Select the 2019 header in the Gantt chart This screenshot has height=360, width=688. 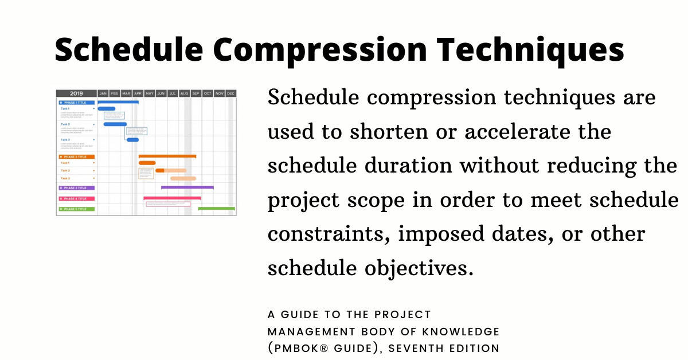coord(76,93)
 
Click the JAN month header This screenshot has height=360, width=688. coord(103,93)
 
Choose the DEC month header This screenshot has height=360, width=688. coord(230,93)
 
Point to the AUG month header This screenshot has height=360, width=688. coord(184,93)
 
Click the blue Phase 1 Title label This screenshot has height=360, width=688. coord(76,102)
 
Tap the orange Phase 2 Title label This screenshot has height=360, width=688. coord(76,156)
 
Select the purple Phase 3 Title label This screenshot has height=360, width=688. coord(76,187)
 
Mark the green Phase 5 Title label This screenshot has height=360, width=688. coord(76,209)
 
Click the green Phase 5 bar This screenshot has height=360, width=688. coord(216,209)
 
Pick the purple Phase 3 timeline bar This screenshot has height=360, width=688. coord(187,187)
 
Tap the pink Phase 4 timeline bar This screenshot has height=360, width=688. coord(172,198)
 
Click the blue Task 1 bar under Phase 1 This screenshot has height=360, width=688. coord(107,108)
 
